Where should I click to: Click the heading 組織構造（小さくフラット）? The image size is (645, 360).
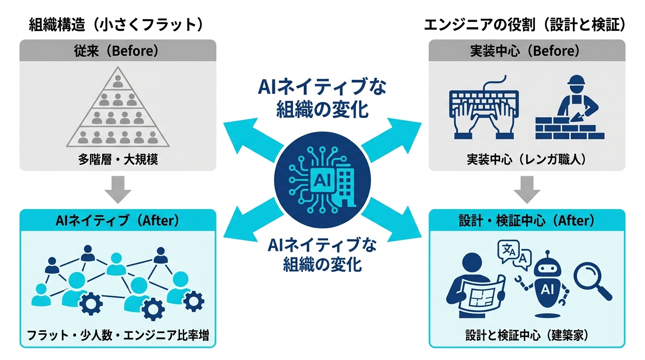tap(116, 24)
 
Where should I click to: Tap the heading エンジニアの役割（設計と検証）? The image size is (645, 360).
tap(525, 24)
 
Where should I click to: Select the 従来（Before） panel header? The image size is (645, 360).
tap(118, 51)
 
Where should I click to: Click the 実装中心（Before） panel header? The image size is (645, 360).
tap(527, 51)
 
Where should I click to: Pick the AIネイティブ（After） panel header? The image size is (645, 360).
tap(118, 220)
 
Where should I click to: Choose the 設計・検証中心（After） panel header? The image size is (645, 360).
tap(527, 220)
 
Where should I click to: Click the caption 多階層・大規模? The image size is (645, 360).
tap(118, 159)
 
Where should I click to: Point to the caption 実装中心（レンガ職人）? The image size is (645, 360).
tap(527, 159)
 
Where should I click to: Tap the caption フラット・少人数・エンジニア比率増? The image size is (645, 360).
tap(118, 335)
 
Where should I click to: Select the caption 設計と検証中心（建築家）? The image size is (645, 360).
tap(527, 335)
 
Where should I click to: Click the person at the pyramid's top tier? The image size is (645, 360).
tap(118, 81)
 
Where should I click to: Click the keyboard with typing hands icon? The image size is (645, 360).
tap(484, 108)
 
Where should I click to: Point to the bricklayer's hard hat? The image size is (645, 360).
tap(577, 80)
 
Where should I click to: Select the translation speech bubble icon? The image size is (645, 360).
tap(514, 255)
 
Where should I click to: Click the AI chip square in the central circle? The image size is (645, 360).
tap(322, 180)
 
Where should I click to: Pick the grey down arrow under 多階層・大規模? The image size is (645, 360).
tap(118, 189)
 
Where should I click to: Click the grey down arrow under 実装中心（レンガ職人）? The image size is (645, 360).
tap(527, 189)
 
